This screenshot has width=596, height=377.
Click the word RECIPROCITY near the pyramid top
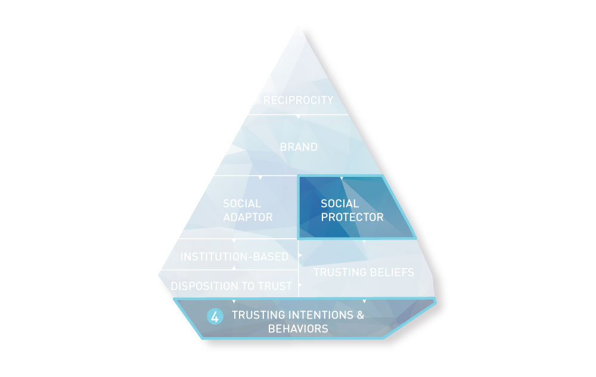click(298, 100)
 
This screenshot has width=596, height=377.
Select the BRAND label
click(299, 147)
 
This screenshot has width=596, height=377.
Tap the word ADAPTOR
click(248, 217)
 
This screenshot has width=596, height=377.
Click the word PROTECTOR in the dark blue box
click(352, 217)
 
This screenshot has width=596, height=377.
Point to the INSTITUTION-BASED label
click(234, 257)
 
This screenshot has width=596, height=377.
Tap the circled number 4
click(215, 317)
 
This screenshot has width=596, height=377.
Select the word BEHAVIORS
click(298, 329)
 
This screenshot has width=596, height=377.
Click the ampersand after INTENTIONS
click(361, 315)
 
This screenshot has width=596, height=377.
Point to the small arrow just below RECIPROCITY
click(299, 117)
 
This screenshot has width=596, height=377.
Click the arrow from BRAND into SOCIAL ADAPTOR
click(260, 177)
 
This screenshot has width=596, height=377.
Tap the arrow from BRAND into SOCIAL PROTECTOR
click(342, 177)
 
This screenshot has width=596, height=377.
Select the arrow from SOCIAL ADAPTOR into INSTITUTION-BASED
click(234, 241)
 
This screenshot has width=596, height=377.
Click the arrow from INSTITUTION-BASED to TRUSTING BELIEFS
click(300, 256)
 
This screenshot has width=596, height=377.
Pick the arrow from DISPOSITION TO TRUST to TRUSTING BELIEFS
click(300, 285)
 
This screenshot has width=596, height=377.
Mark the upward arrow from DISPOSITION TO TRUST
click(234, 267)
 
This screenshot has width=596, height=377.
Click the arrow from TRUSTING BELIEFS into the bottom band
click(365, 301)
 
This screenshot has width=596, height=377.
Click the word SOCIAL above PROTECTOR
click(340, 204)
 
